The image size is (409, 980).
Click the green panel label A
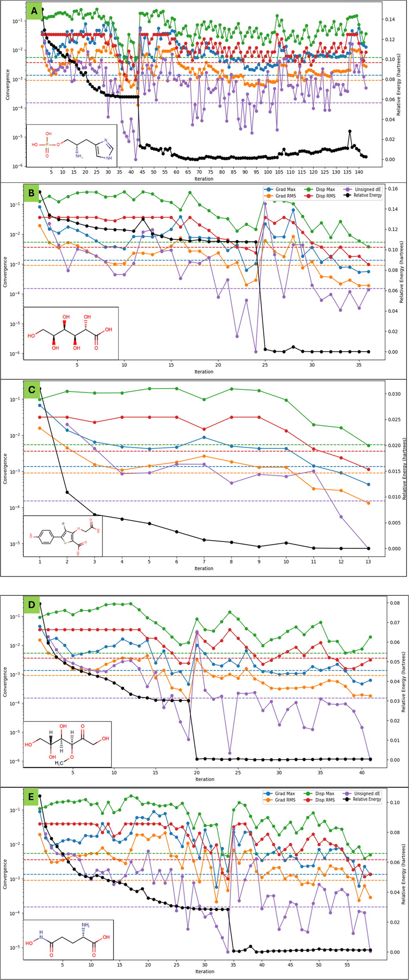pos(34,11)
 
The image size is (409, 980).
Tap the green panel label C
pos(32,390)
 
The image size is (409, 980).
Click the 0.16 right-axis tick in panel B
pos(393,189)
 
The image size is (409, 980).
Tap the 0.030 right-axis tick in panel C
pos(395,394)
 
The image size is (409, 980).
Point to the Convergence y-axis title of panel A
pos(7,84)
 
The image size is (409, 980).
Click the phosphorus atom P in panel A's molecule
pos(47,145)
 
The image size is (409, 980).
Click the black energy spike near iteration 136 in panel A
pos(350,131)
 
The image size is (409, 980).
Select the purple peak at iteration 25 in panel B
pos(265,204)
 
